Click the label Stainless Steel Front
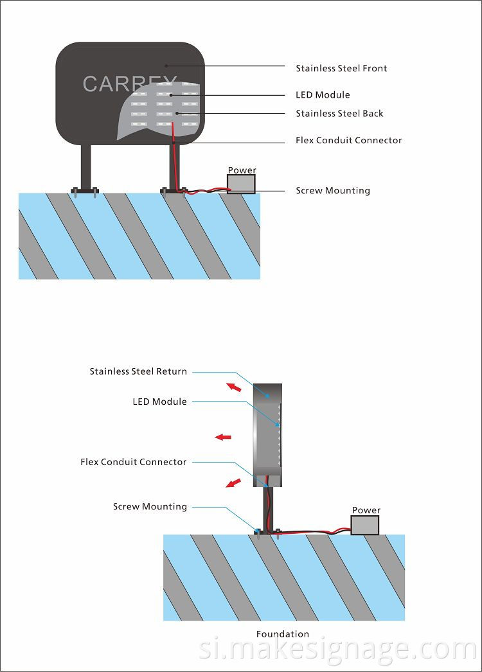coord(341,68)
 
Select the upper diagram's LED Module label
coord(323,95)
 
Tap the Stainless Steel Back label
coord(339,114)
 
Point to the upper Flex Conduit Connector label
coord(348,140)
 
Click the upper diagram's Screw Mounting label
coord(332,191)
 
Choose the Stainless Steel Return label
coord(138,371)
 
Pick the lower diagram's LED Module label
coord(159,402)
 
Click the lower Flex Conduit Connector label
coord(133,462)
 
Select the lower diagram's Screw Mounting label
coord(150,507)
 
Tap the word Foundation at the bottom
coord(283,634)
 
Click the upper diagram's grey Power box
coord(241,184)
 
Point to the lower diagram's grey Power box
coord(365,525)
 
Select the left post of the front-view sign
coord(85,166)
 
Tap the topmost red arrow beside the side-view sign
coord(234,387)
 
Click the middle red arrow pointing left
coord(223,437)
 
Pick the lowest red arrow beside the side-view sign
coord(233,482)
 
